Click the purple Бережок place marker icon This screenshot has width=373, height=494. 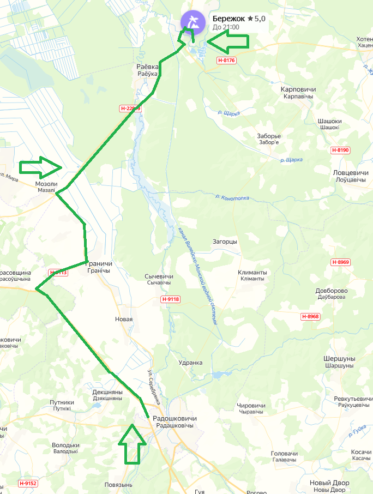(x=191, y=22)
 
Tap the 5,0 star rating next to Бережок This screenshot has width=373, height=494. (x=256, y=19)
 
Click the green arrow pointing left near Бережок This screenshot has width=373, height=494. (x=227, y=41)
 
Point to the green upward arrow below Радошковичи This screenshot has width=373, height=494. (x=133, y=444)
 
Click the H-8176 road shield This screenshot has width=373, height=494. (x=226, y=61)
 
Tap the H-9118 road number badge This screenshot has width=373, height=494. (x=170, y=299)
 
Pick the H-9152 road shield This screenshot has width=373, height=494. (x=27, y=483)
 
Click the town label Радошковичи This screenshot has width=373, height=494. (x=175, y=418)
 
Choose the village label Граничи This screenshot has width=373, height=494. (x=100, y=264)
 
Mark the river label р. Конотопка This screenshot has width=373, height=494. (x=233, y=197)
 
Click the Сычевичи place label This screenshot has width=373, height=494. (x=159, y=277)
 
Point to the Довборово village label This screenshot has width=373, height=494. (x=331, y=291)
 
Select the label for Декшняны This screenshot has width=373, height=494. (x=107, y=392)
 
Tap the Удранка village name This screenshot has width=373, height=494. (x=190, y=363)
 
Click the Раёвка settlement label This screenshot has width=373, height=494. (x=147, y=67)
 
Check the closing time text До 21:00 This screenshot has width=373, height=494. (x=226, y=27)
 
